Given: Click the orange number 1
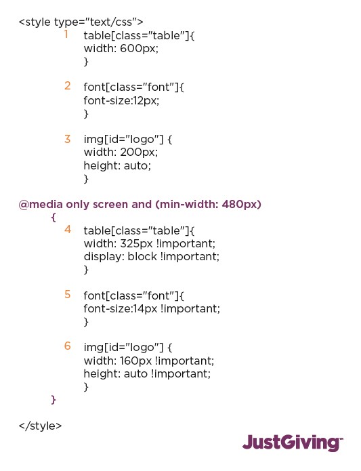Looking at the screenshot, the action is pos(66,35).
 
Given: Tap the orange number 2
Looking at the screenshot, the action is pos(68,86).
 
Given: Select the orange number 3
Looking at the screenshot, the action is pos(68,139).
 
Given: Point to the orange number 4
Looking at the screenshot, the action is pos(68,230).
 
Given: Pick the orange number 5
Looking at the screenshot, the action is pos(68,294).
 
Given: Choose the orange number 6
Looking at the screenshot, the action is pos(68,346).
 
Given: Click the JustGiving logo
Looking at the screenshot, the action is pos(293,443).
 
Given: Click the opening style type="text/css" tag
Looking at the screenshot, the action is pos(81,22).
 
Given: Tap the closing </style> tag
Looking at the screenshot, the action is pos(40,426).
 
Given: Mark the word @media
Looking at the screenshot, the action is pos(41,205).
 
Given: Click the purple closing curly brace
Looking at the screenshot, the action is pos(54,400).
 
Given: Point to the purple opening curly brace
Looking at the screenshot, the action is pos(54,217).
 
